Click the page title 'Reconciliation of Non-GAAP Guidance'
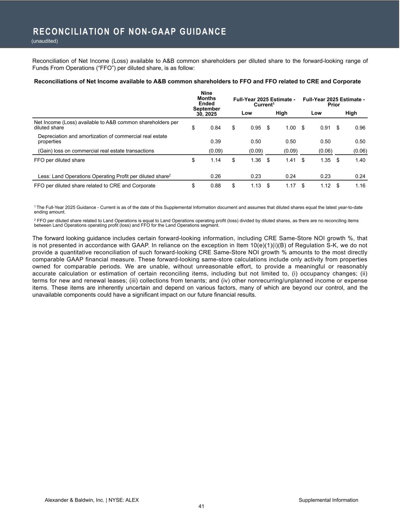pyautogui.click(x=130, y=31)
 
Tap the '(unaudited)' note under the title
pyautogui.click(x=45, y=41)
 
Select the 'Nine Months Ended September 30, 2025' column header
pyautogui.click(x=206, y=104)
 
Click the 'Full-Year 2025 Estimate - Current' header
pyautogui.click(x=264, y=102)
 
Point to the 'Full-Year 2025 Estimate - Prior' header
pyautogui.click(x=334, y=102)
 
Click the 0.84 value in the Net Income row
pyautogui.click(x=215, y=128)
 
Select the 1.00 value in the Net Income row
pyautogui.click(x=290, y=128)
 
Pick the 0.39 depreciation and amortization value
pyautogui.click(x=215, y=142)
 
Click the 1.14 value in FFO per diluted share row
pyautogui.click(x=215, y=160)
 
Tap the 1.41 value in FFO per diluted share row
pyautogui.click(x=290, y=160)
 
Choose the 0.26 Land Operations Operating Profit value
pyautogui.click(x=215, y=176)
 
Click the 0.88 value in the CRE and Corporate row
pyautogui.click(x=215, y=186)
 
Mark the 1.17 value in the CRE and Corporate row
pyautogui.click(x=290, y=186)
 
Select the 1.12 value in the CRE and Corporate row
pyautogui.click(x=325, y=186)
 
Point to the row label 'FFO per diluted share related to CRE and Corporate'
pyautogui.click(x=95, y=186)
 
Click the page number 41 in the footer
pyautogui.click(x=201, y=506)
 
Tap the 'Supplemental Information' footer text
pyautogui.click(x=328, y=500)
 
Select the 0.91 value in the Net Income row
pyautogui.click(x=325, y=128)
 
